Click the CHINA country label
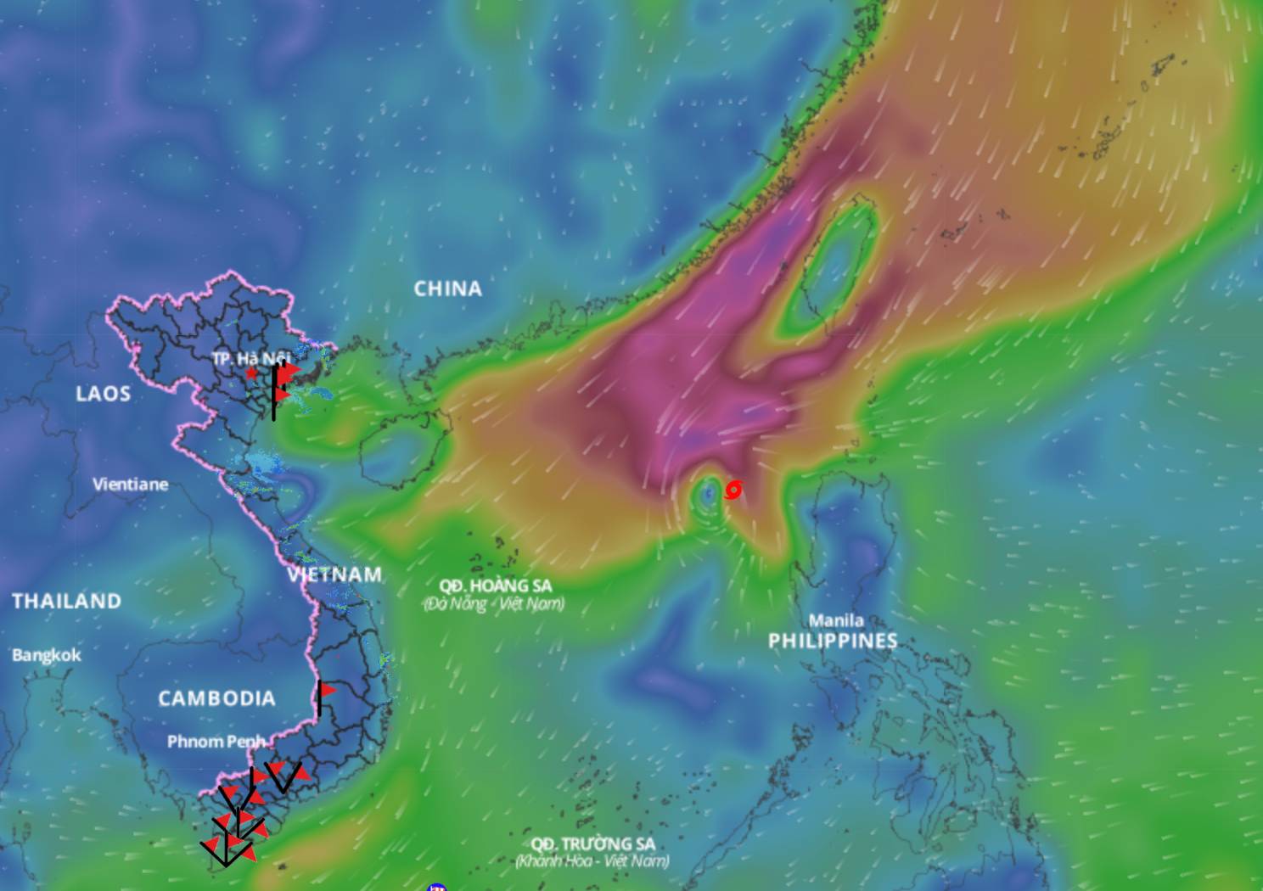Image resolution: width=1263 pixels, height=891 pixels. [x=447, y=289]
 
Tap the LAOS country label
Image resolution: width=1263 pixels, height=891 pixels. [x=103, y=394]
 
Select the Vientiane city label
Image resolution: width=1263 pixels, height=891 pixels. [x=130, y=485]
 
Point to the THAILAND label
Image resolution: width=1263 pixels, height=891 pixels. [x=66, y=602]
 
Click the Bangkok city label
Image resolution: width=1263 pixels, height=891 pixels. [x=47, y=655]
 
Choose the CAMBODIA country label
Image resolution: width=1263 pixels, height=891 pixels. [x=216, y=698]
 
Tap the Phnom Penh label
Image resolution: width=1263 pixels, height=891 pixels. [x=216, y=742]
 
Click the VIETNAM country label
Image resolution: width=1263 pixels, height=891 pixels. [x=334, y=574]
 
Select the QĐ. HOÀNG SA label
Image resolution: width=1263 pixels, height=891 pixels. [x=495, y=586]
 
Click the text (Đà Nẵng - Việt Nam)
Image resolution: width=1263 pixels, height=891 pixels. [x=493, y=604]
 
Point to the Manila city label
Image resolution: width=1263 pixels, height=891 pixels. [x=836, y=620]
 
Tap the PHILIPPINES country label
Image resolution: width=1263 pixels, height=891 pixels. [x=833, y=641]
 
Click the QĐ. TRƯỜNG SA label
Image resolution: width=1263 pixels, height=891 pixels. [x=592, y=843]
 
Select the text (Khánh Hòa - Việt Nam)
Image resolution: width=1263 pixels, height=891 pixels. [x=592, y=861]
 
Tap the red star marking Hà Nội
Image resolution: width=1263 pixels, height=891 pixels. [x=251, y=373]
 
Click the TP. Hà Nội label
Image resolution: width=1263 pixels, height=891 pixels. [x=250, y=358]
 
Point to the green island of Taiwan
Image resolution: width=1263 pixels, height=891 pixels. [x=835, y=259]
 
